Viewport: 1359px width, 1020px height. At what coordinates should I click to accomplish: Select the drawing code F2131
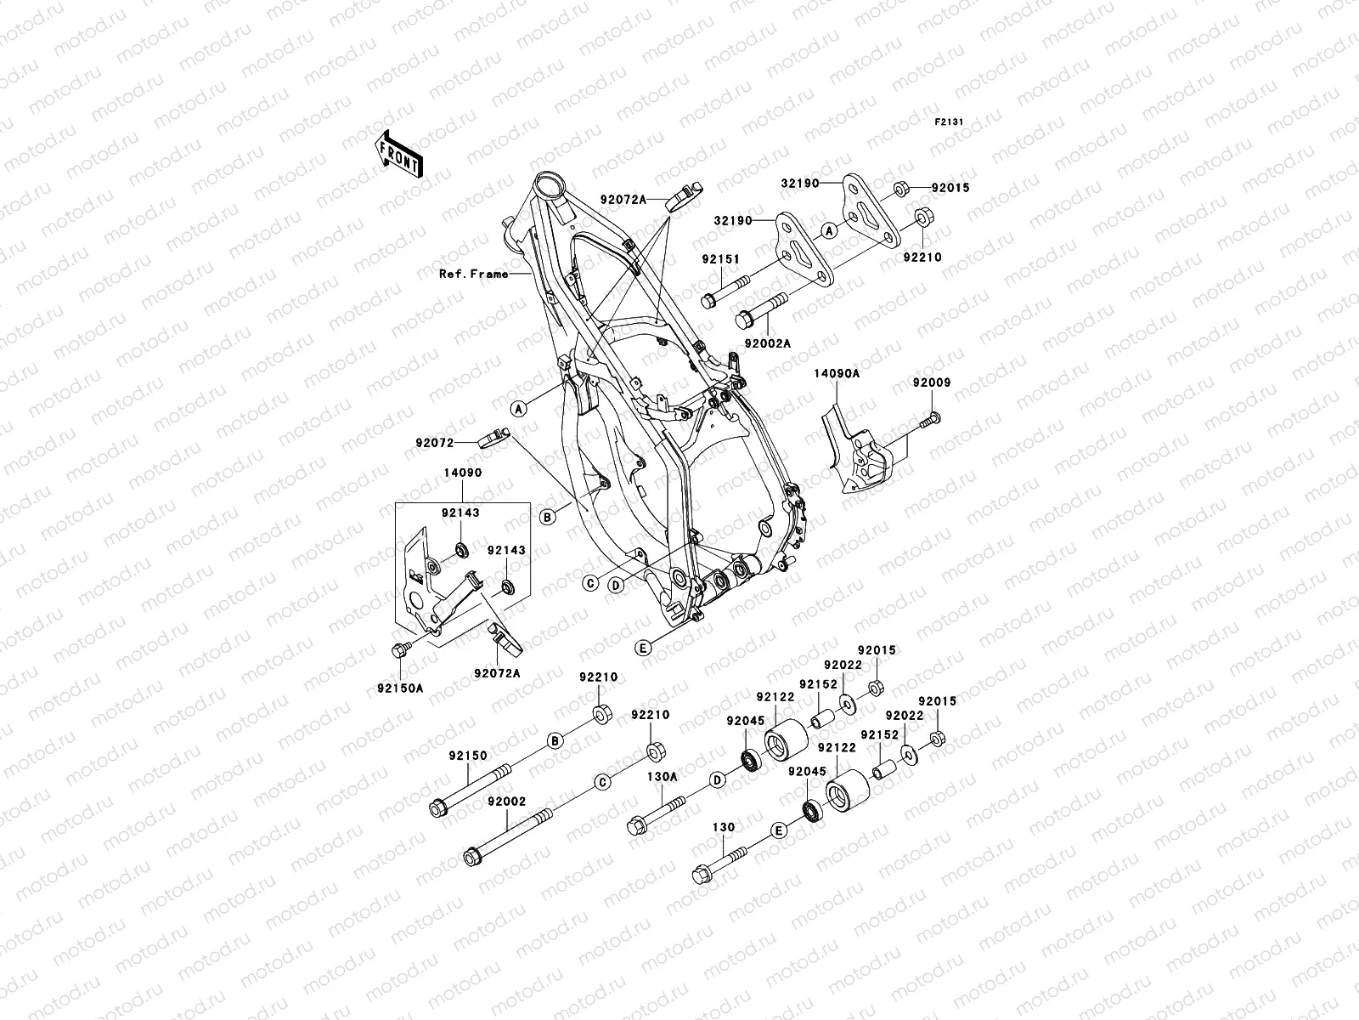950,122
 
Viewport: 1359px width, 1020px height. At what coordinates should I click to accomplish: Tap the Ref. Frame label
473,274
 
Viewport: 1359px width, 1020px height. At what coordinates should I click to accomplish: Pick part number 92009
932,383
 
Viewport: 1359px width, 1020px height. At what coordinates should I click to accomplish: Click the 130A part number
662,776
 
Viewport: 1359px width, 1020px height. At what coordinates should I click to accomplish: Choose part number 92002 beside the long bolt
507,802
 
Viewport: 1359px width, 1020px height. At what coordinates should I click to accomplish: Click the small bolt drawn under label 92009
933,418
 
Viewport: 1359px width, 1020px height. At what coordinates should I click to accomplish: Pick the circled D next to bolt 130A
717,779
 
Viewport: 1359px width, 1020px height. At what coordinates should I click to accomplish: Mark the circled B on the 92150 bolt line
555,740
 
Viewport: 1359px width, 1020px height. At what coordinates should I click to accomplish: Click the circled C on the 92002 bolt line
601,783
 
